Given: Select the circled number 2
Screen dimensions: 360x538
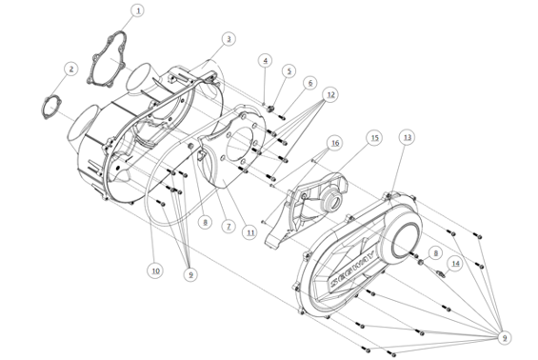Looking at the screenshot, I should click(70, 69).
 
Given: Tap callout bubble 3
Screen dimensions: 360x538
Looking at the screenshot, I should click(229, 39).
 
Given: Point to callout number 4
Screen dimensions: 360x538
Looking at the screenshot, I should click(266, 60).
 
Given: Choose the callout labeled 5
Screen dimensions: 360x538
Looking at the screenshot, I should click(290, 71).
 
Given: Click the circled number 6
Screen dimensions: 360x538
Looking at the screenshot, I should click(310, 83).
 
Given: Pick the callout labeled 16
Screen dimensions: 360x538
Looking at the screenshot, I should click(333, 143).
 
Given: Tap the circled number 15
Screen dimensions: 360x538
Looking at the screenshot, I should click(374, 137).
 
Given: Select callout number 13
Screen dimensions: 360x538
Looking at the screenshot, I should click(408, 137).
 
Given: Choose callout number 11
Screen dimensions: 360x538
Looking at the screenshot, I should click(250, 231).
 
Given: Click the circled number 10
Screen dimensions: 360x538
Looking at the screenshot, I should click(154, 270).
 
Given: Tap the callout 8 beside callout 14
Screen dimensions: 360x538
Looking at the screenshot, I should click(434, 252).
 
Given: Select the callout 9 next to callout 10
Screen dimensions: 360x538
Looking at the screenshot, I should click(190, 274).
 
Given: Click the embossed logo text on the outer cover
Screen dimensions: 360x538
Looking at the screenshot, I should click(353, 272).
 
